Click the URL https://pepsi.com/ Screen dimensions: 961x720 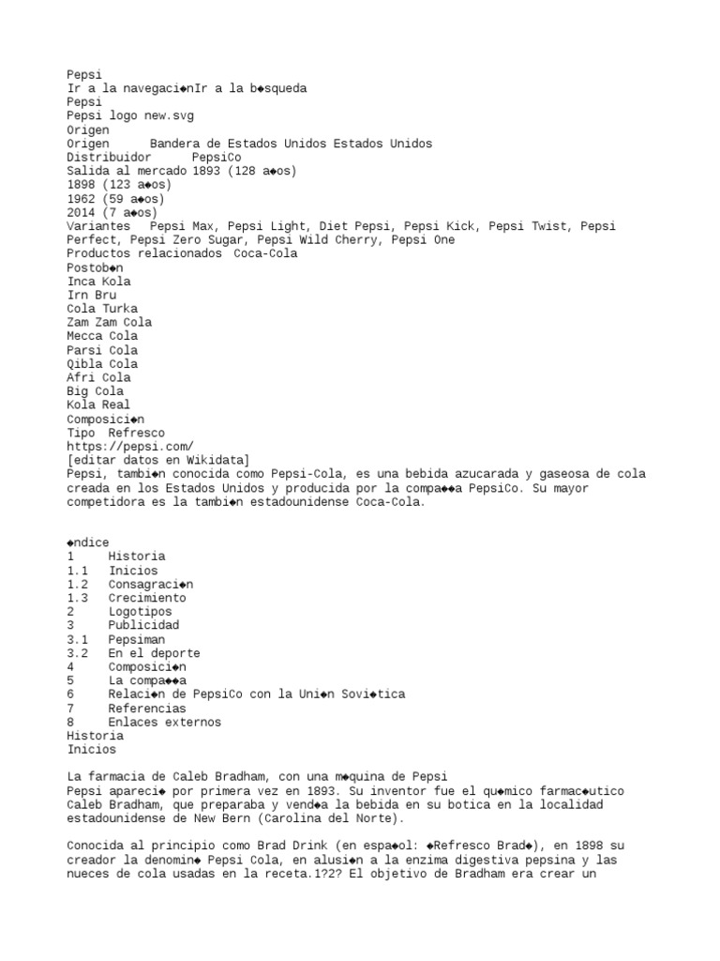(130, 447)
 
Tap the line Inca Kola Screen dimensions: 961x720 (99, 282)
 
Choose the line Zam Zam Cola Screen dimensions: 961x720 (110, 323)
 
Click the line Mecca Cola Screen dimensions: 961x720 (102, 336)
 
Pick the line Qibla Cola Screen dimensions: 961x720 (102, 364)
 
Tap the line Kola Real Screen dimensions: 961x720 (99, 405)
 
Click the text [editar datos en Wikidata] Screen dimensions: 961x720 (158, 460)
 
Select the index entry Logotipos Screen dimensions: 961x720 (141, 612)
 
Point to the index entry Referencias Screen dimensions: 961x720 (147, 709)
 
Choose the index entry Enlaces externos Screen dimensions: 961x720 (165, 723)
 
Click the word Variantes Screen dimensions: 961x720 (99, 226)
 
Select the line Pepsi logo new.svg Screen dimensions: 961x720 (130, 116)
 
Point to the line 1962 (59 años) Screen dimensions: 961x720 (116, 199)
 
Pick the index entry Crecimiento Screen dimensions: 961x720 (147, 598)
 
